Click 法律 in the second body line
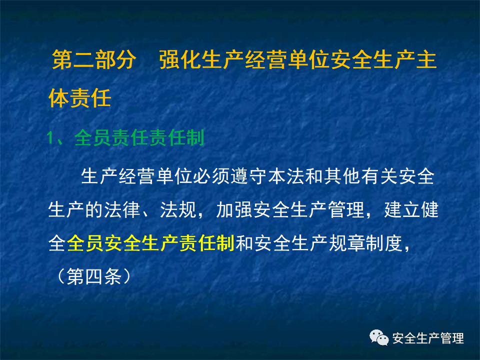[x=123, y=210]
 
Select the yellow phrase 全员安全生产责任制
[x=150, y=243]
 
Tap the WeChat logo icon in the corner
[x=379, y=338]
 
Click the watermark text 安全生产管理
[x=428, y=338]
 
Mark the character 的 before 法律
[x=95, y=210]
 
